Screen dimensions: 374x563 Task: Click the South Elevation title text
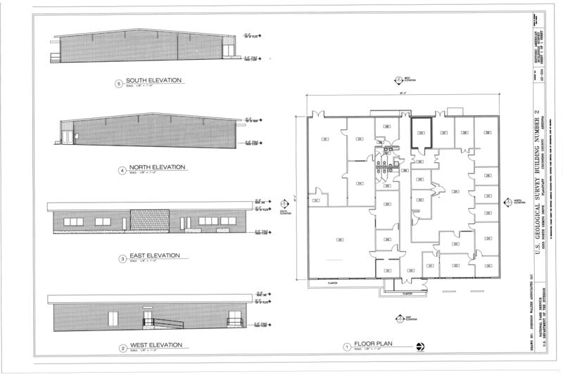tap(153, 80)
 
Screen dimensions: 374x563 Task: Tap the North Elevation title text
tap(155, 167)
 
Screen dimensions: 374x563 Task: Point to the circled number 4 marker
tap(122, 169)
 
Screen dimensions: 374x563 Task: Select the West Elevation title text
tap(153, 344)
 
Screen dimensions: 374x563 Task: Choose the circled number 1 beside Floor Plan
tap(346, 347)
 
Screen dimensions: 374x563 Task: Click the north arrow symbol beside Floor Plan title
tap(421, 345)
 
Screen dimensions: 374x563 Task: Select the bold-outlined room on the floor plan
tap(421, 132)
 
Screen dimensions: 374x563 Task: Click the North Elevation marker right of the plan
tap(509, 202)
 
